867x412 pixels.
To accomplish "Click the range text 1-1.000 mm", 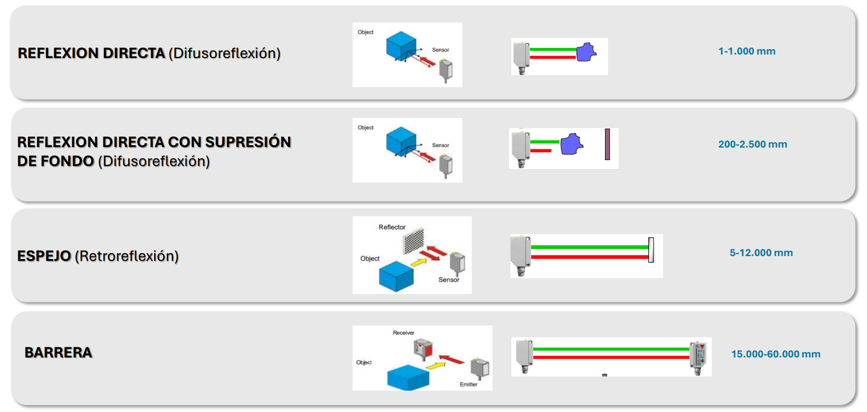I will [747, 51].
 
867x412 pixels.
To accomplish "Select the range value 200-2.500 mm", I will [753, 144].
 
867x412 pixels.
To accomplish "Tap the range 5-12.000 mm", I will [761, 253].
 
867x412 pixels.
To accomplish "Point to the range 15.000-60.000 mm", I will [776, 354].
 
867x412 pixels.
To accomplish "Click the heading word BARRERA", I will [58, 353].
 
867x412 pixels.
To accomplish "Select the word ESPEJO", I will [44, 256].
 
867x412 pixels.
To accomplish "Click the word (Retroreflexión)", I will [127, 256].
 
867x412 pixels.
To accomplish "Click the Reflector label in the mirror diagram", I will [392, 227].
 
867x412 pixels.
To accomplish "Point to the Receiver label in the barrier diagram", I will [404, 333].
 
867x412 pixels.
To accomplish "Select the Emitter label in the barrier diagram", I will [468, 384].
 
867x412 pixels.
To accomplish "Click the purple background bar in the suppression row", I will [607, 144].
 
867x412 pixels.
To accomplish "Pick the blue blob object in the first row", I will [586, 52].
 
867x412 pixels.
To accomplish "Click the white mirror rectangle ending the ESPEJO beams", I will [651, 250].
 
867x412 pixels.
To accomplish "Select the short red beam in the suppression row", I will [540, 151].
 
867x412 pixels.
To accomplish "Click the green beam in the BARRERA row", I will [610, 349].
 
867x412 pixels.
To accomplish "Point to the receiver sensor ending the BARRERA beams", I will [699, 356].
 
